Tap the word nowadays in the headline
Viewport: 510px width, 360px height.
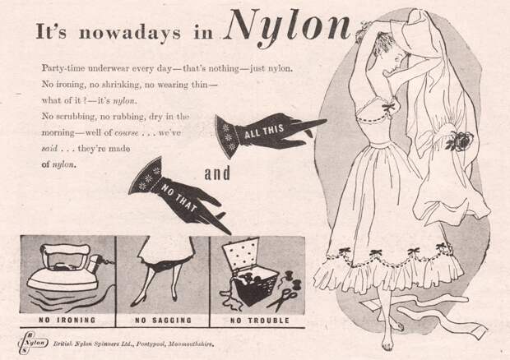pyautogui.click(x=130, y=33)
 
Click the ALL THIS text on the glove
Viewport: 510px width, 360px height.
pyautogui.click(x=264, y=131)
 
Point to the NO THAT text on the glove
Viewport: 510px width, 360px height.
pyautogui.click(x=178, y=197)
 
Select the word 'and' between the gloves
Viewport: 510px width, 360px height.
pyautogui.click(x=217, y=173)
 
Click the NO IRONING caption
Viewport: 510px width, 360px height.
pyautogui.click(x=67, y=320)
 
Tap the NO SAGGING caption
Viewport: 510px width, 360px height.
pyautogui.click(x=163, y=321)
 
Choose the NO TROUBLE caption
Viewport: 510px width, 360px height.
pyautogui.click(x=260, y=321)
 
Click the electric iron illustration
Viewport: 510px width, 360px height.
pyautogui.click(x=67, y=268)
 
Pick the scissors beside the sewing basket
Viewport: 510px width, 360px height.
pyautogui.click(x=283, y=299)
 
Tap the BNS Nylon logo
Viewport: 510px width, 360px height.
pyautogui.click(x=33, y=343)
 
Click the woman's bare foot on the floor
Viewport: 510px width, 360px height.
pyautogui.click(x=387, y=343)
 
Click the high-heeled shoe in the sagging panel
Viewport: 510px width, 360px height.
pyautogui.click(x=139, y=301)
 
